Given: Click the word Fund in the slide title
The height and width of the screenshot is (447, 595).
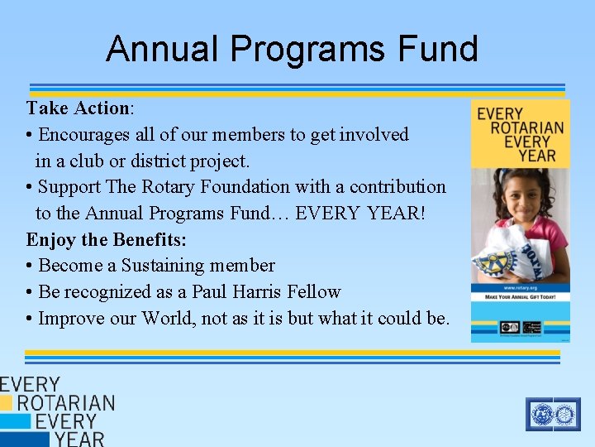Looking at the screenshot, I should click(x=437, y=49).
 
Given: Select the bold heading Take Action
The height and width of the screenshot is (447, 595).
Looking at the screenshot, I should click(x=79, y=108).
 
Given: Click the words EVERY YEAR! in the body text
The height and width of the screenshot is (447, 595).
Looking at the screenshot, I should click(x=360, y=214).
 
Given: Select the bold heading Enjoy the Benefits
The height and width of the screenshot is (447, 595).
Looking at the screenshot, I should click(x=106, y=239).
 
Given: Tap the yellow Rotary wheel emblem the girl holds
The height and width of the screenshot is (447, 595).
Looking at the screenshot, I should click(x=495, y=263).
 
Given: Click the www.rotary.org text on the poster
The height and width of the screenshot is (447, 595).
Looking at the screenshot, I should click(x=520, y=289).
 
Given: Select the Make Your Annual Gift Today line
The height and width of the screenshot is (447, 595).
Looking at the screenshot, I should click(x=520, y=298).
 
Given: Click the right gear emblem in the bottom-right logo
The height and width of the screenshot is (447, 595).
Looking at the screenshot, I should click(x=565, y=413).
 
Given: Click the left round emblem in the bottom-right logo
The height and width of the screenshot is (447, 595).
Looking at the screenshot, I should click(x=542, y=413).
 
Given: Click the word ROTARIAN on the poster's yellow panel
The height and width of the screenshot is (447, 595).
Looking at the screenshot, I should click(x=526, y=127).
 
